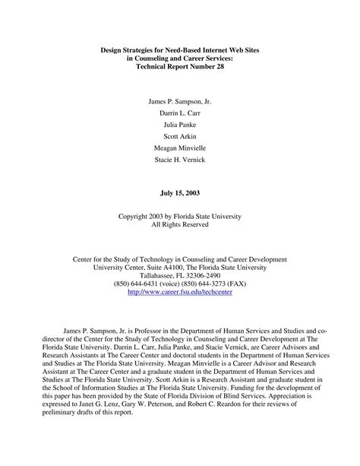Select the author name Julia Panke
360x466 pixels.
[x=179, y=125]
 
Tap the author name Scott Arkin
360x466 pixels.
[x=179, y=138]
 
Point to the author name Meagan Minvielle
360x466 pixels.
[x=179, y=151]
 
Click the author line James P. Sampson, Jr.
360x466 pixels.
[x=179, y=100]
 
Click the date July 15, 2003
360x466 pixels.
[x=179, y=194]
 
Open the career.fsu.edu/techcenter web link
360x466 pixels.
[x=179, y=292]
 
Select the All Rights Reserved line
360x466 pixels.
[x=179, y=225]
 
